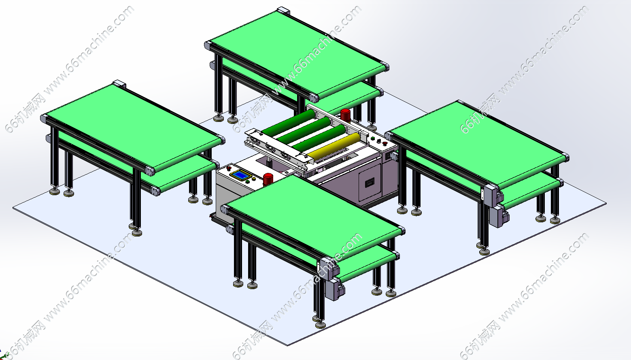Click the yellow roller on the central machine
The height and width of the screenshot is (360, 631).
coord(334,146)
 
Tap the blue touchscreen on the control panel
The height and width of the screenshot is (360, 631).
coord(240,175)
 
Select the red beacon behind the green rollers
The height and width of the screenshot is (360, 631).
coord(345,115)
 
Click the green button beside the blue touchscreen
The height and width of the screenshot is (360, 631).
coord(248,182)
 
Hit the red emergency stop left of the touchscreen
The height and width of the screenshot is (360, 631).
coord(229,168)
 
